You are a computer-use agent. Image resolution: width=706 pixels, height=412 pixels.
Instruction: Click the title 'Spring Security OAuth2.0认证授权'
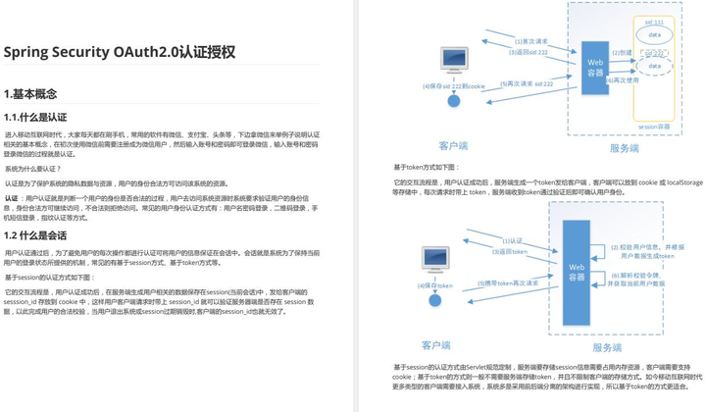tap(119, 52)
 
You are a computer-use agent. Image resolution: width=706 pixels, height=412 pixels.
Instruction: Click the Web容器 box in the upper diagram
tap(595, 67)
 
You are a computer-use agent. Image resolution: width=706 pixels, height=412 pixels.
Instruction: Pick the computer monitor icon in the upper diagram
tap(453, 60)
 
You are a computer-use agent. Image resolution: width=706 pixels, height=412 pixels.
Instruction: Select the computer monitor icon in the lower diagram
tap(435, 259)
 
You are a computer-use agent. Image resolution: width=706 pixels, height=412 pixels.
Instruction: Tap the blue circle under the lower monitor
tap(435, 299)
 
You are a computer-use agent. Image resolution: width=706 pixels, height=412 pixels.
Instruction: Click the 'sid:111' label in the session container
tap(654, 22)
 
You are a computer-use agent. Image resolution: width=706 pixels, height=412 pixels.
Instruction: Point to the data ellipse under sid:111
tap(654, 35)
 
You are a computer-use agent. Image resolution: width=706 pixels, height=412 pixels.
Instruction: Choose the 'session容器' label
tap(654, 126)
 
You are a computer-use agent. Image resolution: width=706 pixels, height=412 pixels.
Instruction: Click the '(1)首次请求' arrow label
tap(530, 41)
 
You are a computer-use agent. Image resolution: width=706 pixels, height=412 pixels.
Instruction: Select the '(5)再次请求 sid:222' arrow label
tap(531, 84)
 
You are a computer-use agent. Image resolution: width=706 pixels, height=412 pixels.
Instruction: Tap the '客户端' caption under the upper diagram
tap(453, 145)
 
